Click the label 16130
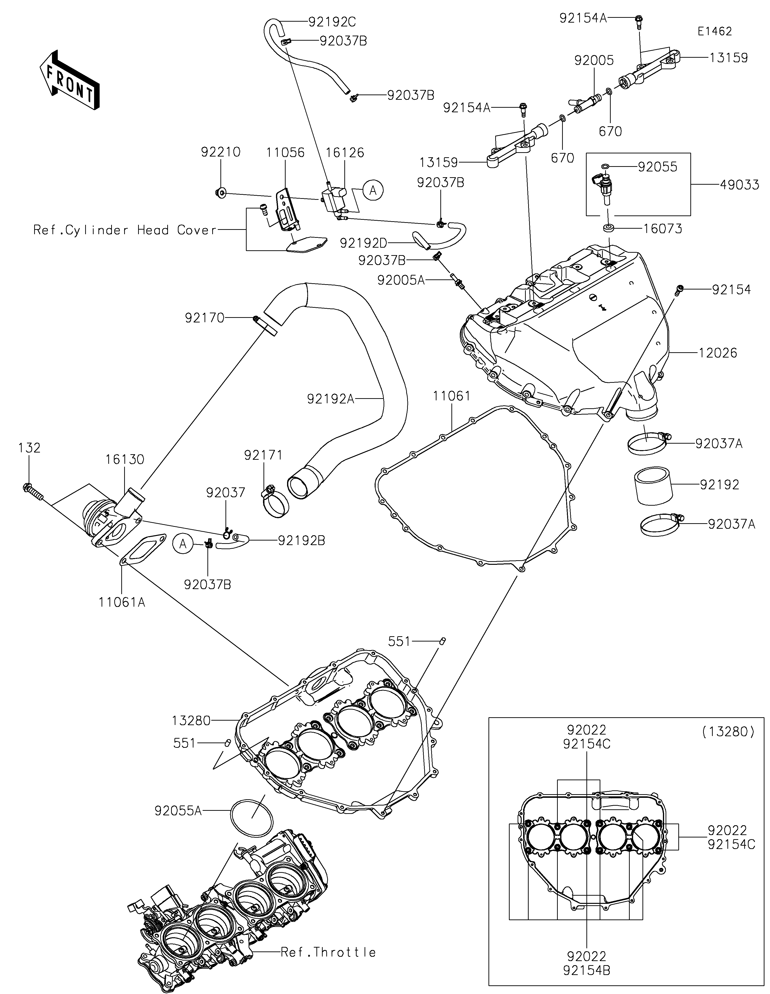point(125,459)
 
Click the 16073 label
point(662,228)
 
